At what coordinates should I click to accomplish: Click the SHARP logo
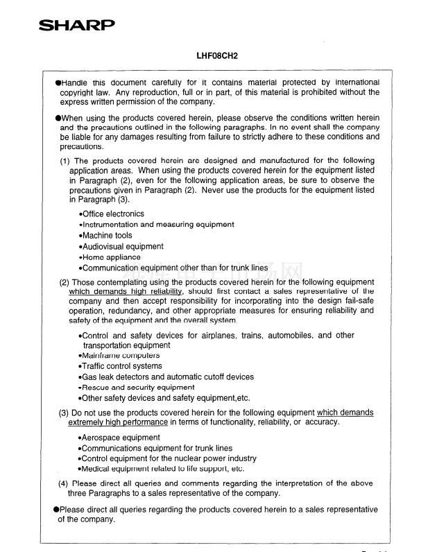[77, 26]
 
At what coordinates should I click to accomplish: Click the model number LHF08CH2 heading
[217, 54]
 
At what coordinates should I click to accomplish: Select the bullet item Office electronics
[112, 214]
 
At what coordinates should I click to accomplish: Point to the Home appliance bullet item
[110, 257]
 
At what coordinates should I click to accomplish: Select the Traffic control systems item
[121, 366]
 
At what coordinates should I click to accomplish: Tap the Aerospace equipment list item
[119, 438]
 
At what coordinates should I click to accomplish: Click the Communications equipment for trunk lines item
[156, 449]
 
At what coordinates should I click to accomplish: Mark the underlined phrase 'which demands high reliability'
[126, 292]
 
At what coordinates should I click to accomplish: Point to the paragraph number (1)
[65, 161]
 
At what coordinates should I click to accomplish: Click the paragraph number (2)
[65, 282]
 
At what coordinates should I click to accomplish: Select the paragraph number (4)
[64, 483]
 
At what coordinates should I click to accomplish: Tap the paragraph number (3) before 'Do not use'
[64, 413]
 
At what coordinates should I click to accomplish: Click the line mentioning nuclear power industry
[169, 459]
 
